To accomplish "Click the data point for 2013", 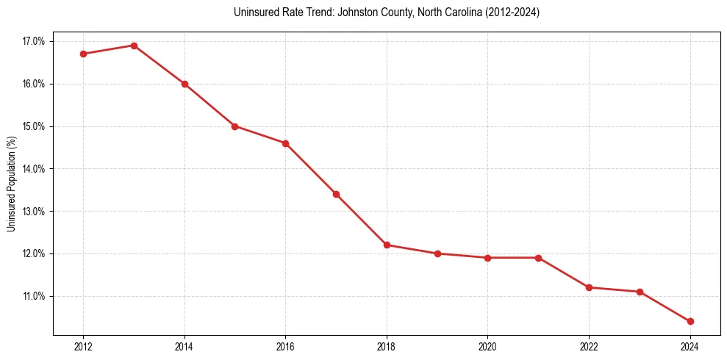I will tap(134, 46).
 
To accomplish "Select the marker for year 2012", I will tap(83, 54).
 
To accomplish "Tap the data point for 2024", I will tap(690, 321).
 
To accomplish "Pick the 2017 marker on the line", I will tap(336, 194).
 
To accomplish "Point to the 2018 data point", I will tap(387, 245).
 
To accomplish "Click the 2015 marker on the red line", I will tap(234, 126).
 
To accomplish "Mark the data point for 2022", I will tap(589, 287).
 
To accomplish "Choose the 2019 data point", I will tap(437, 253).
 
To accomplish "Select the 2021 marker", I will tap(538, 258).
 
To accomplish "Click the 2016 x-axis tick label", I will tap(285, 346).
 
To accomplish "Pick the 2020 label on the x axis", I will tap(487, 346).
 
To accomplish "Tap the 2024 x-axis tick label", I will tap(690, 346).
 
